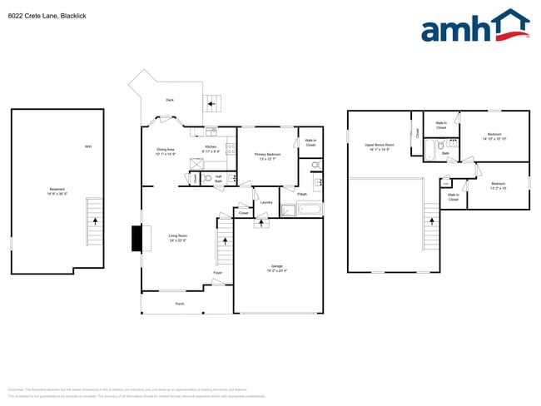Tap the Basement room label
pos(57,191)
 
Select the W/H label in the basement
pos(87,147)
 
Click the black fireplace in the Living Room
pos(136,240)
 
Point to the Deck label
pos(170,100)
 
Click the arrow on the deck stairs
pos(211,105)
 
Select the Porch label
pos(180,304)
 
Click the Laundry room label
pos(266,202)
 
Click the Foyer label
pos(217,272)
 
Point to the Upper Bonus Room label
pos(379,146)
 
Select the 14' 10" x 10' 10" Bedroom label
pos(494,136)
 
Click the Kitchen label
pos(211,149)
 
